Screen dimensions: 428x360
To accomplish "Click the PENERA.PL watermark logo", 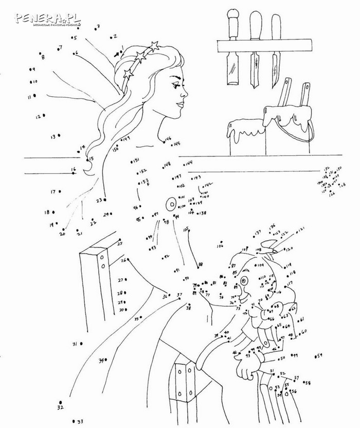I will click(x=47, y=19).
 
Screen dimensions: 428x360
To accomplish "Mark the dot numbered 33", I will click(x=73, y=421).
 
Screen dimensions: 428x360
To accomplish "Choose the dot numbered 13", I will click(x=59, y=136).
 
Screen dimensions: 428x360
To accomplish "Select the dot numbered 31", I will click(x=80, y=343).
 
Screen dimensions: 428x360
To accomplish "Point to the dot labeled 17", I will click(x=61, y=192).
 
